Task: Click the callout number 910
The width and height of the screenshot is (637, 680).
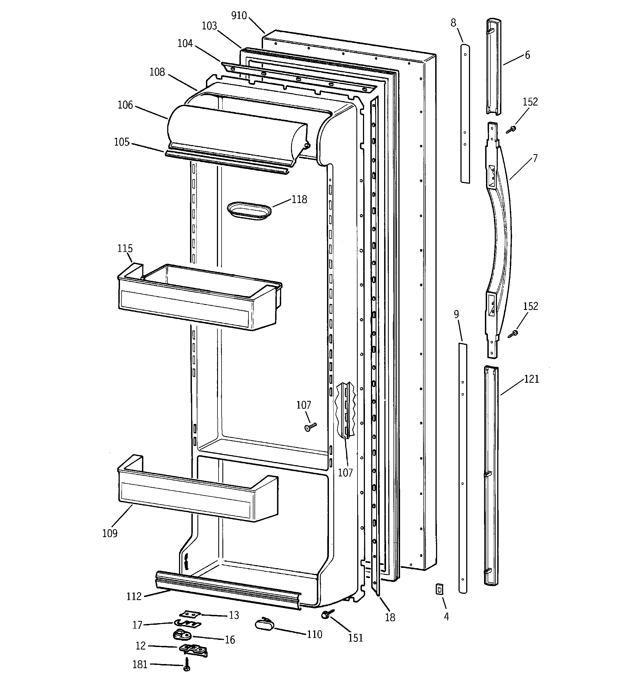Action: [239, 16]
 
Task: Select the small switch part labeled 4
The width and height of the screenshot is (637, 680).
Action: [439, 589]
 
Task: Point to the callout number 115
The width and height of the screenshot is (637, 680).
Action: [125, 248]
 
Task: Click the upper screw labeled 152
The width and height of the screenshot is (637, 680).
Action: [512, 129]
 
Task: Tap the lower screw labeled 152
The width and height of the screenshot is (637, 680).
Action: [513, 334]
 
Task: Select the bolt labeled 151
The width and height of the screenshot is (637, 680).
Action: [325, 615]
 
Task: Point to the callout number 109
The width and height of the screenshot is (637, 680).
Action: [110, 533]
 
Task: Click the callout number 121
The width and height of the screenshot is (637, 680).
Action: [531, 379]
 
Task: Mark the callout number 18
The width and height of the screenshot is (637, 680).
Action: [390, 617]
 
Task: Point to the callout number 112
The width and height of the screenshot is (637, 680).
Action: [134, 596]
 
